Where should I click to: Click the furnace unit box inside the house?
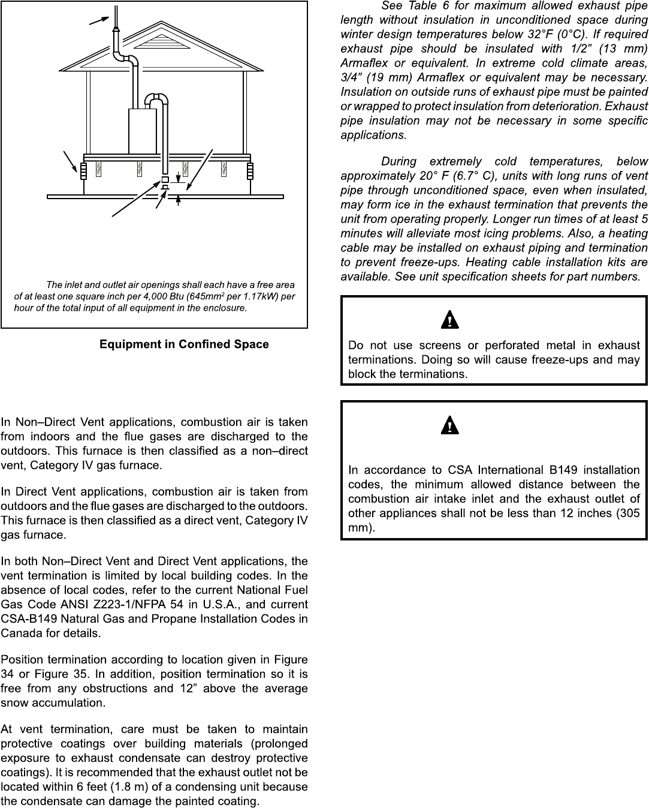[x=142, y=131]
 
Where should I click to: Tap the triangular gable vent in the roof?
[x=161, y=40]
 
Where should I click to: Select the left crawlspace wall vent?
[x=83, y=171]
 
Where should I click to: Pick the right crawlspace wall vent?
[x=250, y=171]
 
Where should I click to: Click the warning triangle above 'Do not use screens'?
[x=449, y=320]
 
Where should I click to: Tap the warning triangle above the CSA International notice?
[x=449, y=426]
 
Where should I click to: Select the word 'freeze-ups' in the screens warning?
[x=572, y=359]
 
